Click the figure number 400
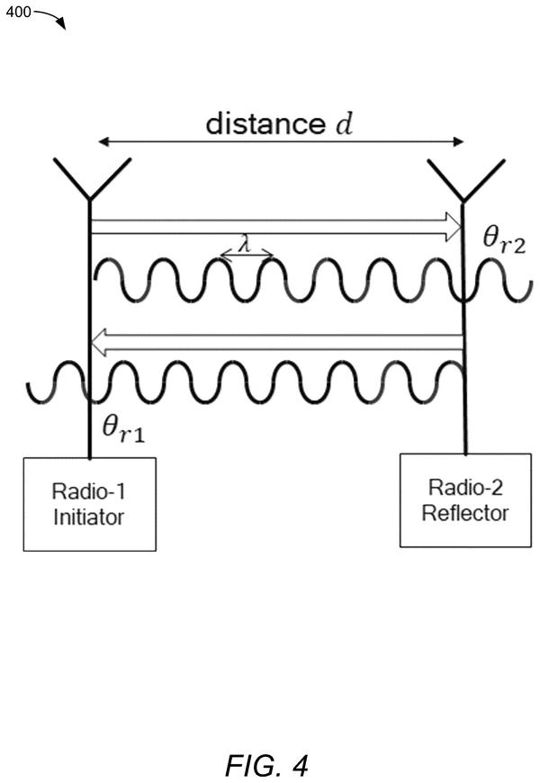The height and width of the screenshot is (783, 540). click(19, 12)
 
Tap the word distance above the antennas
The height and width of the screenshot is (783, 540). click(265, 123)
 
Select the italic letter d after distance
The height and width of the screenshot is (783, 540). click(344, 123)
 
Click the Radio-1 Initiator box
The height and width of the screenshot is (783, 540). click(90, 504)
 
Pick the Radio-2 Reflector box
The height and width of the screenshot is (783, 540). click(465, 500)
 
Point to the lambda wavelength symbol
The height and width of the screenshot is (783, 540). click(245, 245)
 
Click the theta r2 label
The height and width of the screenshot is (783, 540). click(505, 240)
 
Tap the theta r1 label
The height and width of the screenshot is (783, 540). click(123, 429)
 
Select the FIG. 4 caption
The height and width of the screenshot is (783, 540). click(266, 764)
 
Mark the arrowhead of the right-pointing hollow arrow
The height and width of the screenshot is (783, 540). click(453, 227)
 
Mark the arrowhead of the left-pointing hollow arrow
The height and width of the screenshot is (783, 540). click(99, 342)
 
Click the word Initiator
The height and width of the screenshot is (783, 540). click(88, 517)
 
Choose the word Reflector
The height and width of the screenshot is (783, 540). click(465, 513)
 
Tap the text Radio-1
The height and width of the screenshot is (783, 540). click(88, 492)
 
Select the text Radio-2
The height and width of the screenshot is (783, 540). click(465, 488)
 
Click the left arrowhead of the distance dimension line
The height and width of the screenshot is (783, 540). click(103, 142)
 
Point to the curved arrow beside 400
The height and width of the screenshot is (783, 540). click(50, 17)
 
